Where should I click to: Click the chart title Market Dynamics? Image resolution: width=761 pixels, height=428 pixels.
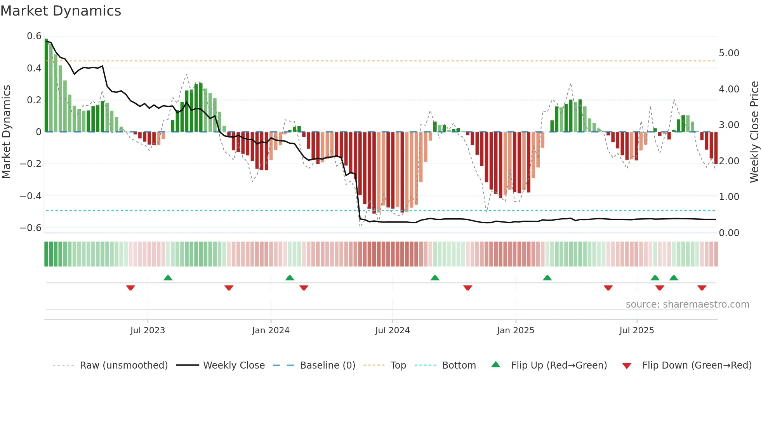coord(61,11)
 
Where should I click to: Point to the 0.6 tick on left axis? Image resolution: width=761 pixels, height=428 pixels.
coord(34,36)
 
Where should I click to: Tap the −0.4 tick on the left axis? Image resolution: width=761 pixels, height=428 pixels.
coord(31,196)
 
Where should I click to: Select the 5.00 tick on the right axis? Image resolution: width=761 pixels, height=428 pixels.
coord(729,53)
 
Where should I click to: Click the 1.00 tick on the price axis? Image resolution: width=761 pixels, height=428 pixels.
coord(729,197)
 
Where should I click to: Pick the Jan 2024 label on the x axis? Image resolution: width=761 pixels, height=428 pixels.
coord(271,331)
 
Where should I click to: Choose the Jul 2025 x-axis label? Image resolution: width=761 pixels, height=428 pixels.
coord(636,331)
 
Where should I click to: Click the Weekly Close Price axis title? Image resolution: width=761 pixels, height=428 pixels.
coord(754,132)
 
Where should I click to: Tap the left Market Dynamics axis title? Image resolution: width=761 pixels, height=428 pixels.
coord(6,132)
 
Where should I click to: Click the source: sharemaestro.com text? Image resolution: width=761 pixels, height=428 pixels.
coord(687,304)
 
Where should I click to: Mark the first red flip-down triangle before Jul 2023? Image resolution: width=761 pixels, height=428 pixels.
coord(130,288)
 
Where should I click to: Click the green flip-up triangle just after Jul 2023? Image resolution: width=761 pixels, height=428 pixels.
coord(168,278)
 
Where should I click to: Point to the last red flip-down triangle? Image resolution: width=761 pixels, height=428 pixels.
coord(702,288)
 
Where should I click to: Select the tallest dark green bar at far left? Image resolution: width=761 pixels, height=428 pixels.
coord(46,85)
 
